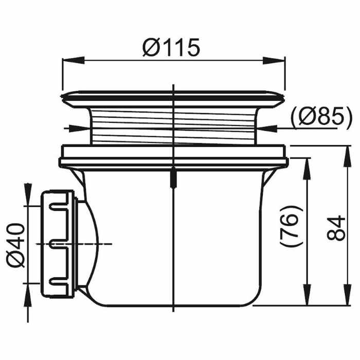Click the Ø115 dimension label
pos(171,48)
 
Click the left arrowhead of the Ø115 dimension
pos(74,60)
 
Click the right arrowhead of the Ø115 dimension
pos(274,60)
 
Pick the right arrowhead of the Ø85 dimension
pos(267,128)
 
